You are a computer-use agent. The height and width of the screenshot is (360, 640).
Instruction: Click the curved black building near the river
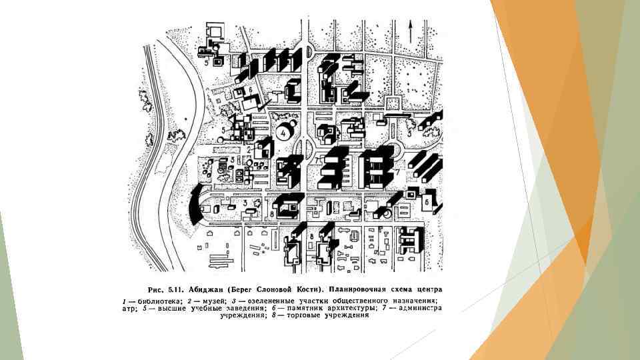(194, 205)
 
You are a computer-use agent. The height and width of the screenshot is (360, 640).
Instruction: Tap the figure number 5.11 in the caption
(175, 289)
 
